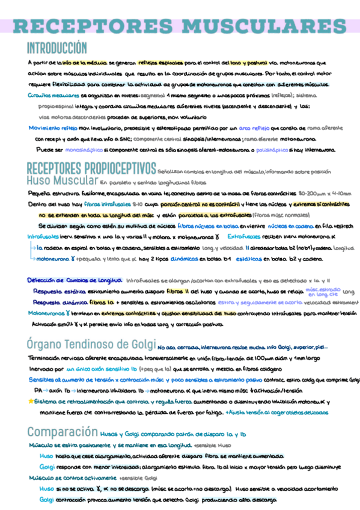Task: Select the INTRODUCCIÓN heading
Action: click(x=57, y=48)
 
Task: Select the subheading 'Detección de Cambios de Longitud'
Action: click(x=75, y=280)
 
